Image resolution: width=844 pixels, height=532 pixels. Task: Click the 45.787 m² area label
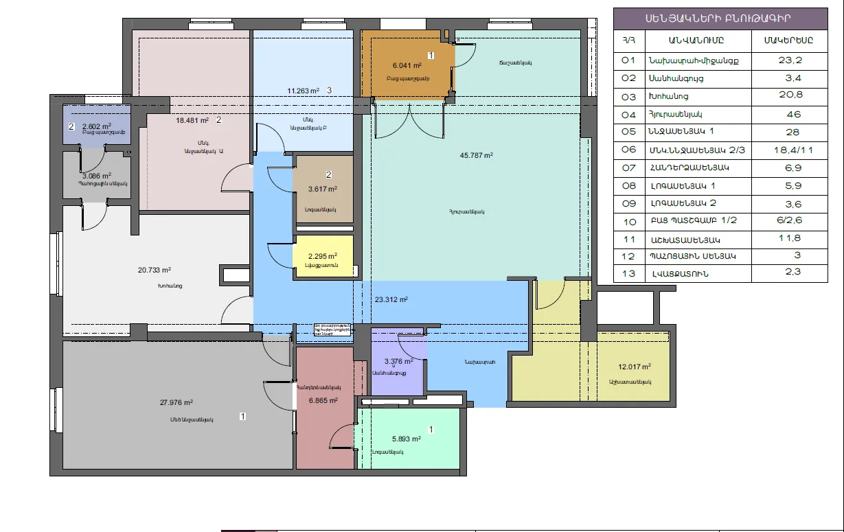[477, 155]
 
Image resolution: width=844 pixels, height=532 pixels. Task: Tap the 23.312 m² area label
[391, 299]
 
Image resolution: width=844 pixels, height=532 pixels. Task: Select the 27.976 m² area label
[176, 403]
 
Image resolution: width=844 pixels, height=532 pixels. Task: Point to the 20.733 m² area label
[155, 270]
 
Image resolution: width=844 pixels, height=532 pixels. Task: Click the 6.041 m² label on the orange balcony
[407, 66]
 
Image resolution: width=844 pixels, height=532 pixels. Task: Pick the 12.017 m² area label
[635, 367]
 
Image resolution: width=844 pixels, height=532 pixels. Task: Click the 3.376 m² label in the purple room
[398, 362]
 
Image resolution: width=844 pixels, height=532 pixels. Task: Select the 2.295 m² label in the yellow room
[323, 257]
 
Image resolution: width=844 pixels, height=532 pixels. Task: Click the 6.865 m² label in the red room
[323, 401]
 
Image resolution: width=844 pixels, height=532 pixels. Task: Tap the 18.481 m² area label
[192, 120]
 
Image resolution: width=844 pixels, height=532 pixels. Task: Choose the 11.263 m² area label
[303, 91]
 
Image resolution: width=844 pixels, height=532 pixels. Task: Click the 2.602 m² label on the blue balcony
[96, 126]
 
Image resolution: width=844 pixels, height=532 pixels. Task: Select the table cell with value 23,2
[789, 60]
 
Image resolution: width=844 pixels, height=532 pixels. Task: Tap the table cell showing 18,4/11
[789, 150]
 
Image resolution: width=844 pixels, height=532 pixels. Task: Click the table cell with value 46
[789, 114]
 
